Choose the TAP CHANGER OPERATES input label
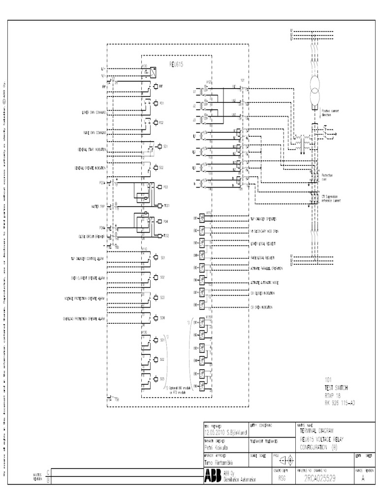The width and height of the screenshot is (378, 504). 263,219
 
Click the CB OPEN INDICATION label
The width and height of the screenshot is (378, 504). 261,307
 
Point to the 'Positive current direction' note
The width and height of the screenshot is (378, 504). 330,113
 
